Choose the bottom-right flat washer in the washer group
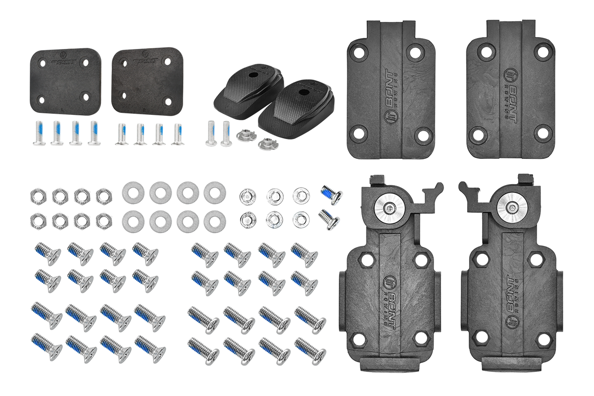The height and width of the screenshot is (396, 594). [x=214, y=220]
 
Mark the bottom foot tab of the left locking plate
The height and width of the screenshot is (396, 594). [x=389, y=365]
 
